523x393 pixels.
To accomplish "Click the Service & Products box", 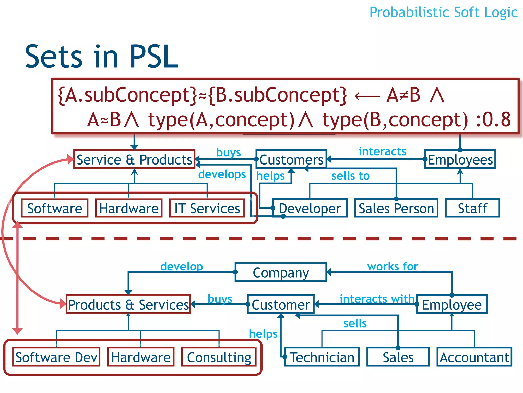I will pyautogui.click(x=134, y=159).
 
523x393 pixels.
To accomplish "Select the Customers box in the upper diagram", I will pyautogui.click(x=291, y=159).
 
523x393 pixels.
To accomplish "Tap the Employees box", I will pyautogui.click(x=460, y=159).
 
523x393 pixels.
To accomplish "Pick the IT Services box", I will pyautogui.click(x=207, y=208).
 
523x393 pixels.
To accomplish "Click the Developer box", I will pyautogui.click(x=310, y=208).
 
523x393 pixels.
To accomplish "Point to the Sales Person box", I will pyautogui.click(x=396, y=208).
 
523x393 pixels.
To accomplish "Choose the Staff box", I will pyautogui.click(x=472, y=208).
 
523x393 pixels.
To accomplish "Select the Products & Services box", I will pyautogui.click(x=128, y=304).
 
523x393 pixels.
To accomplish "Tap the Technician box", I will pyautogui.click(x=322, y=357).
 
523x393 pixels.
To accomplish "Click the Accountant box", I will pyautogui.click(x=474, y=357).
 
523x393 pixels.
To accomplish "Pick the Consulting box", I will pyautogui.click(x=219, y=357).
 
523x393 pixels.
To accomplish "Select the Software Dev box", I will pyautogui.click(x=56, y=357).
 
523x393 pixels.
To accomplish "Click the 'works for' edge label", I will pyautogui.click(x=393, y=266).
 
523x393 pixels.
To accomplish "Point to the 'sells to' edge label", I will pyautogui.click(x=350, y=176).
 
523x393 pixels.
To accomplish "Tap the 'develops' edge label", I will pyautogui.click(x=222, y=174).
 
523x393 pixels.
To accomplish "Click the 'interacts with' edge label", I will pyautogui.click(x=377, y=299).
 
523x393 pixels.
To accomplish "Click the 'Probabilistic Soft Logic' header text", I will pyautogui.click(x=443, y=12).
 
